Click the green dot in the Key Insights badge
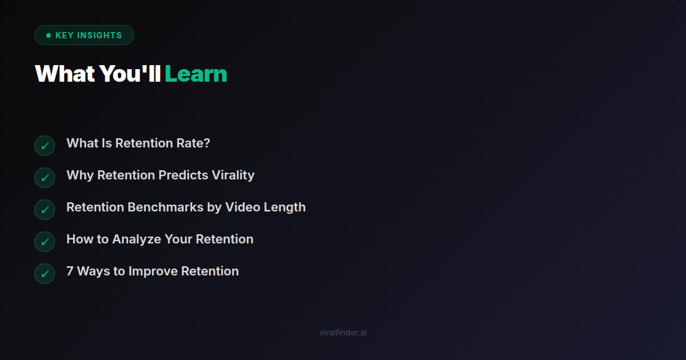[49, 35]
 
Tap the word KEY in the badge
[64, 35]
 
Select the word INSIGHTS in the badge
[99, 35]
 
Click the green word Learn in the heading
[196, 74]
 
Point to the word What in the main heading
[65, 74]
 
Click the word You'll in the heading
[130, 74]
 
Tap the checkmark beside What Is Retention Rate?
[45, 146]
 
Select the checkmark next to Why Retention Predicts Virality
[45, 178]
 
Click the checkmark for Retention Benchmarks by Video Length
[45, 210]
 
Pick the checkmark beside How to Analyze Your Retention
[45, 242]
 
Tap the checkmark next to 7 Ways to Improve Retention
[45, 274]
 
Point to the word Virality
[233, 175]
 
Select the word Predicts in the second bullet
[183, 175]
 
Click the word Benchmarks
[165, 207]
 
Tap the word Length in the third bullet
[285, 207]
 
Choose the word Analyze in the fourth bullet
[137, 239]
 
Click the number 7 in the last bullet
[70, 271]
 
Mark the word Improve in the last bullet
[153, 271]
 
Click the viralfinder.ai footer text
[343, 333]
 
